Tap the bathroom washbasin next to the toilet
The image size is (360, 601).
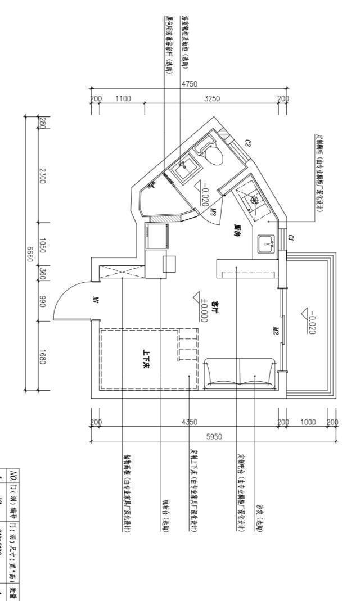(184, 167)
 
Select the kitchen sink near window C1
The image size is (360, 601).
(266, 244)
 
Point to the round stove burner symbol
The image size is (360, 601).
(254, 199)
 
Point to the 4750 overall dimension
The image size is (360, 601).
(190, 84)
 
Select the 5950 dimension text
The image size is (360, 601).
(213, 436)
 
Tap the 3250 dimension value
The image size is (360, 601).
(212, 99)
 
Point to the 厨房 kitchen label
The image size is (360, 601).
(237, 230)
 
